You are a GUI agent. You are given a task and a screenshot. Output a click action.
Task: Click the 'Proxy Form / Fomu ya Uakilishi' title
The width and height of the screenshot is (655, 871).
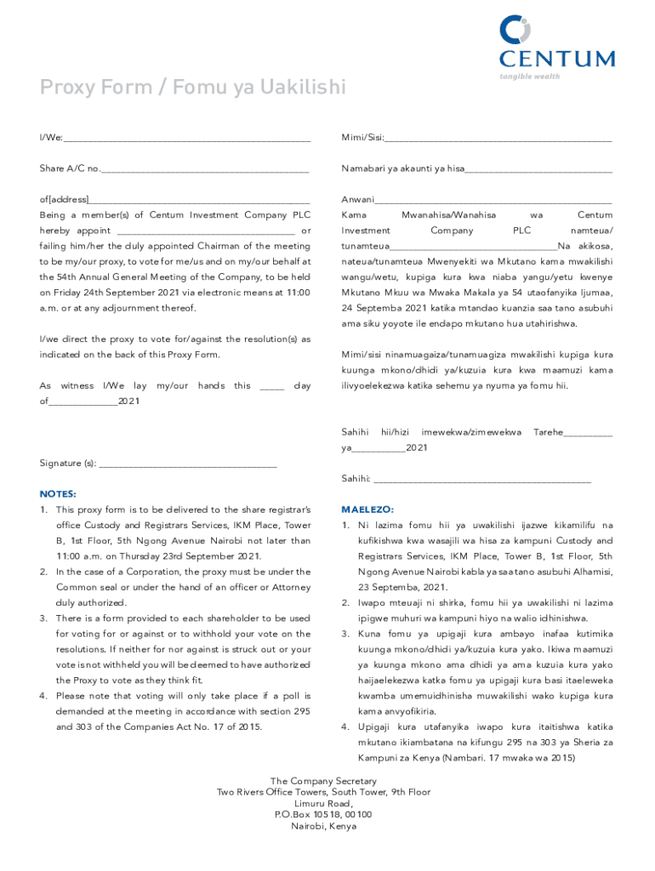pos(192,87)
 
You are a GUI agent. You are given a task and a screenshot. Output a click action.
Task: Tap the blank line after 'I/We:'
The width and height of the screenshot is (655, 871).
pos(186,139)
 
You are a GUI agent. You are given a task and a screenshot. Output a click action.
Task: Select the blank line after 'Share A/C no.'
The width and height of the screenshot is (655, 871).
pos(204,170)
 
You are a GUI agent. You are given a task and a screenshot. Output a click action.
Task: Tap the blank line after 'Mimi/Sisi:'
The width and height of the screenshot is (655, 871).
pos(498,139)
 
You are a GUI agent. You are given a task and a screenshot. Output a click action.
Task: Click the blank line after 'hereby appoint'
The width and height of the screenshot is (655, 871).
pos(206,232)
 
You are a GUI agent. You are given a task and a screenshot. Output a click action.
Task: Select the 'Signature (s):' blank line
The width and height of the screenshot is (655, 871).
pos(188,465)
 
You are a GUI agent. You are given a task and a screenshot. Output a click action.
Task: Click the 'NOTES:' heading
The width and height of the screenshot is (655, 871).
pos(58,494)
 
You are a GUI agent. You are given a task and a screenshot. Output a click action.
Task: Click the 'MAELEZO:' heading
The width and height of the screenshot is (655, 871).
pos(367,510)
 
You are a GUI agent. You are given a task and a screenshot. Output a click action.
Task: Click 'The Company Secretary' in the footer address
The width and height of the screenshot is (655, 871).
pos(323,781)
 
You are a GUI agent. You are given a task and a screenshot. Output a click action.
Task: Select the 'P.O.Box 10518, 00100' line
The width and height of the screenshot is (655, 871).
pos(323,815)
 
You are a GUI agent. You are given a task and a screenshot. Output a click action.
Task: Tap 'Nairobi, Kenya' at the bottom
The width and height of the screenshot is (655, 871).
pos(323,826)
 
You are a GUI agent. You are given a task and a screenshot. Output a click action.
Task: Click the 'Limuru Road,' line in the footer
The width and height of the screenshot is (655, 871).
pos(323,804)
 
